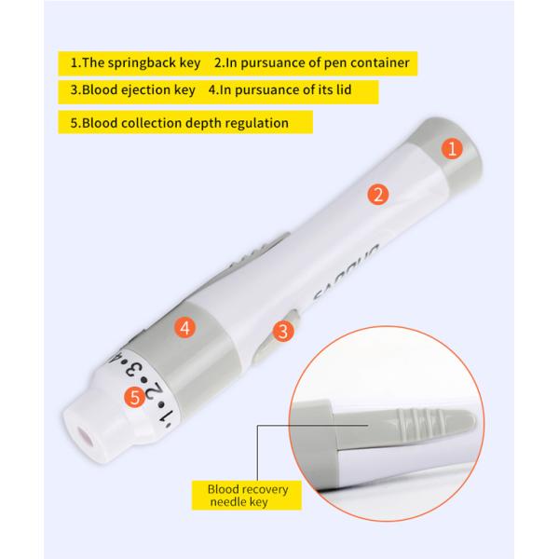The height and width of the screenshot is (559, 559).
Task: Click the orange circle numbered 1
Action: [452, 148]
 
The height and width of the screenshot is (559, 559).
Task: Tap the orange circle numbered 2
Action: [378, 195]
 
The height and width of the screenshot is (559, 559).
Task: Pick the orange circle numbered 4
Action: [185, 327]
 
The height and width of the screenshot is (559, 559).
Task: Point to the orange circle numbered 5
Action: [134, 397]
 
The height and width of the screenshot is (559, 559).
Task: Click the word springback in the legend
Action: [150, 62]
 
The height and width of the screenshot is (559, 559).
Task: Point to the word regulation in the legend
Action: [252, 122]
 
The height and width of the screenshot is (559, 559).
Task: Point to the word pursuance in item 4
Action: [279, 90]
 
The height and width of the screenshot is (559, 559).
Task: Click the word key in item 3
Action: [184, 90]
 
